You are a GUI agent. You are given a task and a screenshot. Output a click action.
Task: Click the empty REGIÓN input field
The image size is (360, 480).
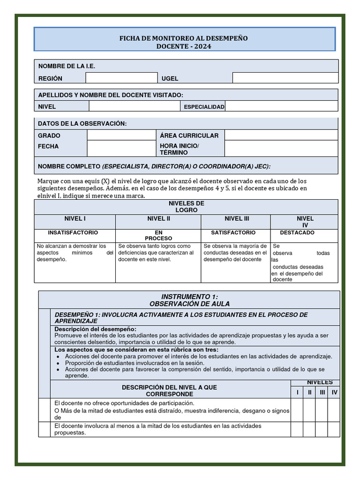tap(121, 78)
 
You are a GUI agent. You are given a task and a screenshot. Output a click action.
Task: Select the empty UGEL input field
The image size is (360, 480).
tap(285, 78)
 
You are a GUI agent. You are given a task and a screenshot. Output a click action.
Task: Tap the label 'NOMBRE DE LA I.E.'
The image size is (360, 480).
tap(67, 67)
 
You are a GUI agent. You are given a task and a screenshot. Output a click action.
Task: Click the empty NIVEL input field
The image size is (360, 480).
tap(134, 106)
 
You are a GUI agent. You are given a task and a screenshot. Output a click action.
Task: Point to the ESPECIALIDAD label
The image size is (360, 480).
tap(204, 107)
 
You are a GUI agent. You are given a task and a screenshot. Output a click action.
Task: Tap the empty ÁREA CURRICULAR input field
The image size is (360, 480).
tap(281, 135)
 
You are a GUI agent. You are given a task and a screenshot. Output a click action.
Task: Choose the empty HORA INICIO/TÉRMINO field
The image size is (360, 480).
tap(281, 149)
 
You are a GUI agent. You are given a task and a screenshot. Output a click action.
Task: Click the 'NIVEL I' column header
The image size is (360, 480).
tap(75, 219)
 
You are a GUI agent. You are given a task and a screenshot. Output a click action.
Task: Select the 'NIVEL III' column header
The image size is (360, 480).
tap(237, 219)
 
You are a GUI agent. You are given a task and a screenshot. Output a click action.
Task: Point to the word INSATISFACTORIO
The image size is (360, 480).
tap(73, 232)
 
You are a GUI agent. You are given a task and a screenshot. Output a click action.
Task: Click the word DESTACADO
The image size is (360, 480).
tap(297, 232)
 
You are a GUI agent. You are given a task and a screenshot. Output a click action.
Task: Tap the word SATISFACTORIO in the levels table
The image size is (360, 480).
tap(233, 232)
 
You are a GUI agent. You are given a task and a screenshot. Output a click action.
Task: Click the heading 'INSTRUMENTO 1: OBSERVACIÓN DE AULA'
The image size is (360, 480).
tap(189, 300)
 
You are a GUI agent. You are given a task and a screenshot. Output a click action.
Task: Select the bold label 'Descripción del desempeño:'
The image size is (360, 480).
tap(96, 329)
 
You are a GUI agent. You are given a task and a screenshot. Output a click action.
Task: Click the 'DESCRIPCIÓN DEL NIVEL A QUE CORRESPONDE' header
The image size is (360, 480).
tap(169, 391)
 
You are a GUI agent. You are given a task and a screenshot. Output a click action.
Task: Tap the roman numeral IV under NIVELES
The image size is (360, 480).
tap(334, 392)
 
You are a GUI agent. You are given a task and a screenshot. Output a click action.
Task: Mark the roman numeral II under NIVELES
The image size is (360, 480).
tap(309, 392)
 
